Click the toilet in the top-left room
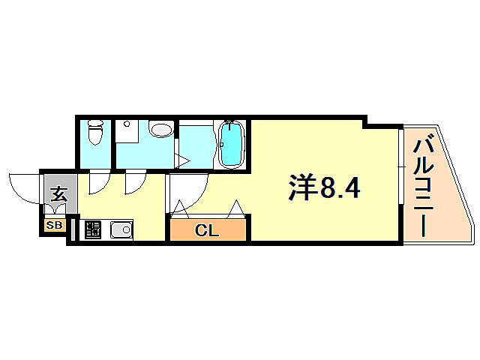pos(95,136)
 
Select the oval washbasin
pos(160,130)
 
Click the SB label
pos(55,225)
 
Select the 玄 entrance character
pos(58,194)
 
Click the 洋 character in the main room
pos(302,188)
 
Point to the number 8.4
pos(341,188)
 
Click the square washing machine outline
pos(127,133)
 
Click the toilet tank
pos(94,124)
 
